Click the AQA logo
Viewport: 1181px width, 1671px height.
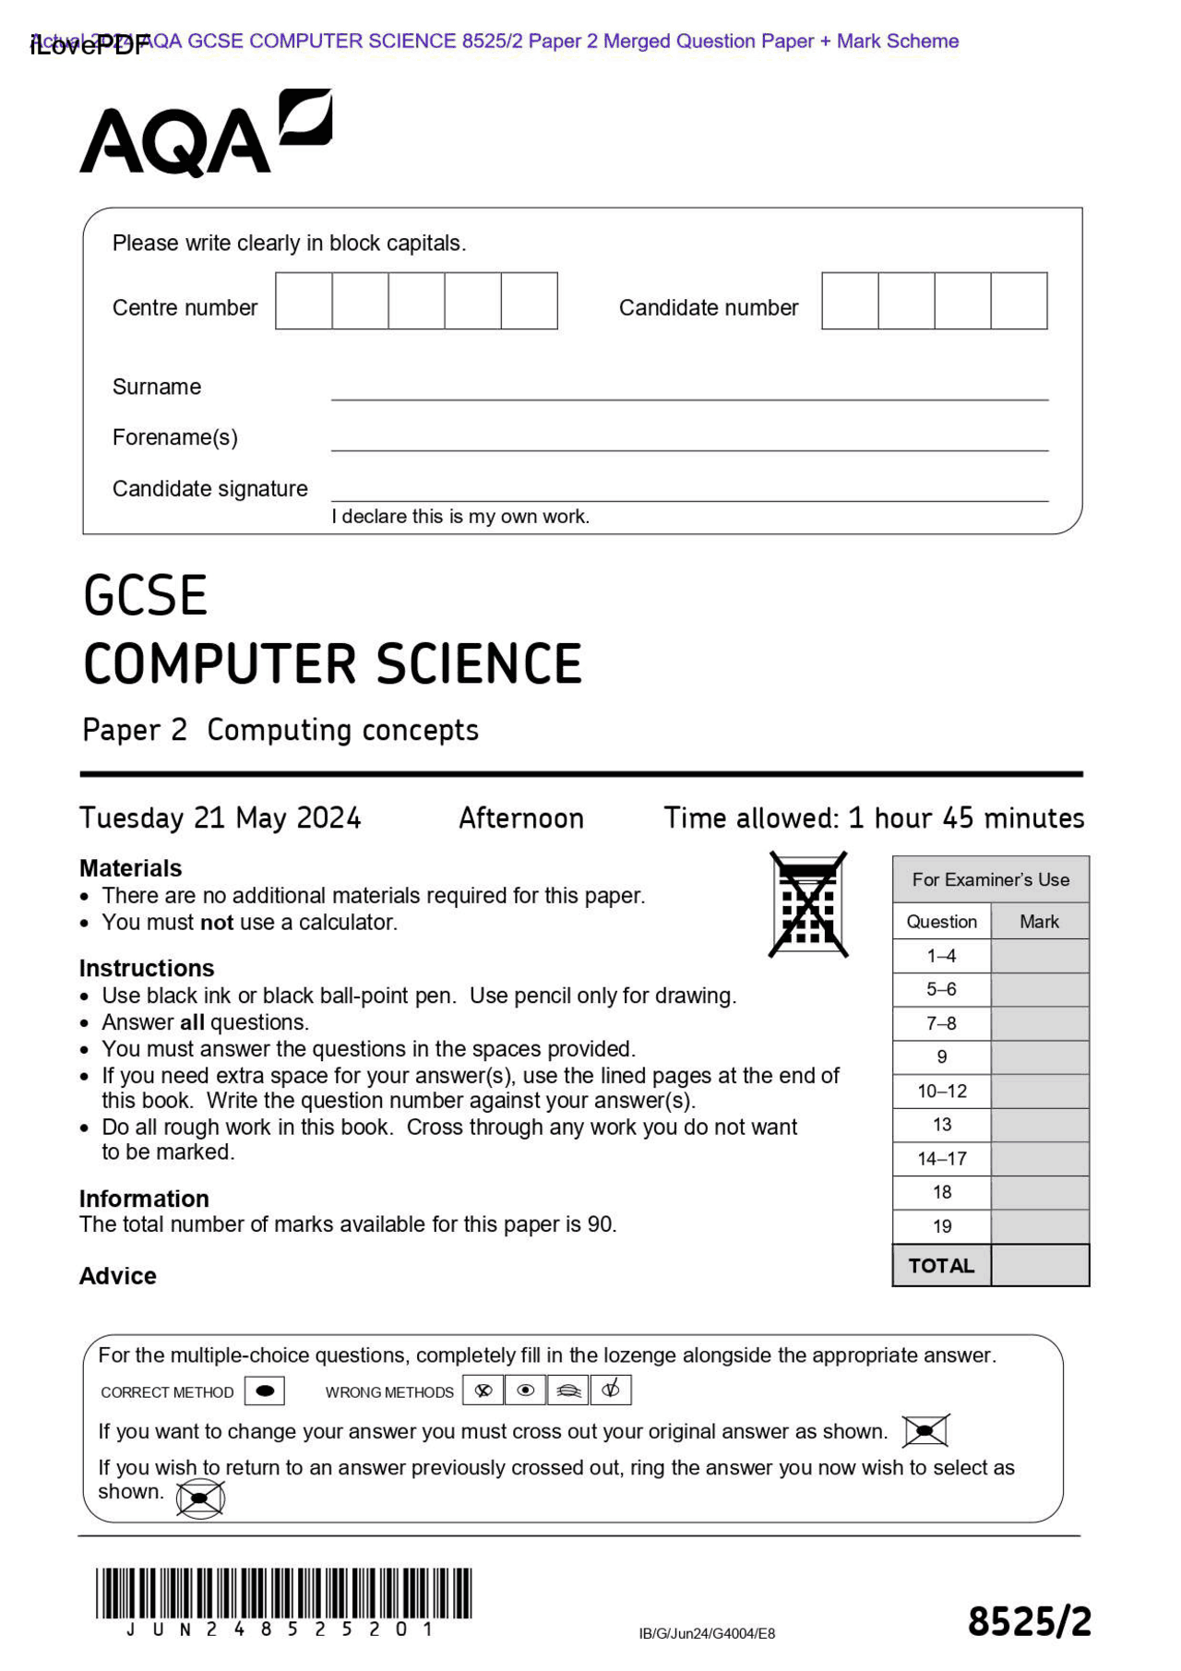coord(205,134)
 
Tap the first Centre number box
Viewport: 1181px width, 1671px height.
coord(304,301)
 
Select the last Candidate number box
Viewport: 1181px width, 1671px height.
coord(1019,301)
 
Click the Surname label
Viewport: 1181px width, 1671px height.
coord(157,387)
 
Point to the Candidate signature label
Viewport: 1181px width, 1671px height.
coord(209,489)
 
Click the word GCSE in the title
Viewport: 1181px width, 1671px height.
coord(145,595)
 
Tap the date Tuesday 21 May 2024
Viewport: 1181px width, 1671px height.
coord(220,818)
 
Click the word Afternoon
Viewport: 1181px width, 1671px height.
coord(521,818)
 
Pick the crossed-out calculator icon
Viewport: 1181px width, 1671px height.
coord(808,904)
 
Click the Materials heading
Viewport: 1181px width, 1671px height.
coord(130,868)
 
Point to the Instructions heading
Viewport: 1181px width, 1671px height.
coord(147,968)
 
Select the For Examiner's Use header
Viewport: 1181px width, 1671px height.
coord(990,879)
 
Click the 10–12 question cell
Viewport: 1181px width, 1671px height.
coord(941,1092)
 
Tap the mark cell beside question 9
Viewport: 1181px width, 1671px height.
coord(1040,1057)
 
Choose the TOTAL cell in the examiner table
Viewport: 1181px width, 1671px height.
coord(941,1266)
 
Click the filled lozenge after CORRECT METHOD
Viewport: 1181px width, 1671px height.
coord(265,1391)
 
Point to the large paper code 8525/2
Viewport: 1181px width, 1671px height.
coord(1029,1622)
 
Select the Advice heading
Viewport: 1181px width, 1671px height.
coord(118,1276)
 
